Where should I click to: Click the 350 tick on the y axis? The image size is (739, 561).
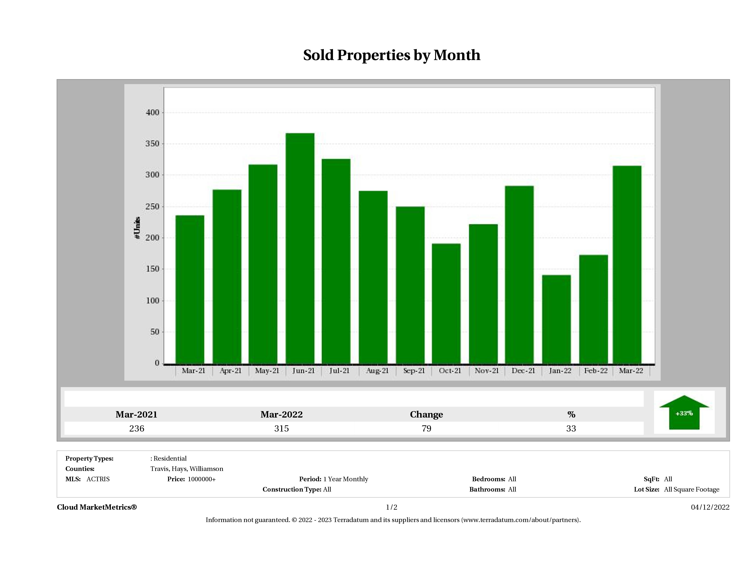152,144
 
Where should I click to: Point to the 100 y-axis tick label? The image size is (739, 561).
152,301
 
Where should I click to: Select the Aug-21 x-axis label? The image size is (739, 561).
377,371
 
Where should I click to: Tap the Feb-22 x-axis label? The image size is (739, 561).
596,371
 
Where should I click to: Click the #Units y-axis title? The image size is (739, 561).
137,228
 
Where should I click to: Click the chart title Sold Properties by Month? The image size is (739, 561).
392,55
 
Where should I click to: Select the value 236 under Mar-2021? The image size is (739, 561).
137,428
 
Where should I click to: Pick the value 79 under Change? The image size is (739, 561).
426,428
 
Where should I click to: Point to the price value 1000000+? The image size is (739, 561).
202,479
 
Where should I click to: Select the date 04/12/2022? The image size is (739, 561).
710,507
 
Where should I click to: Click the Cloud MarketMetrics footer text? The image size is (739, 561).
97,507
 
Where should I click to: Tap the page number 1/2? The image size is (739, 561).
392,507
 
